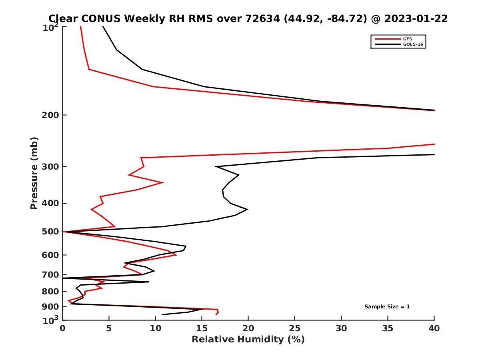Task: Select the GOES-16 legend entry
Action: tap(412, 44)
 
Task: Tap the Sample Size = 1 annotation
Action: tap(387, 307)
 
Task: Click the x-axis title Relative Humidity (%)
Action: tap(248, 340)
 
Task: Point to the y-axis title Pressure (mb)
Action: tap(34, 173)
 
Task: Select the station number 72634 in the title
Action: tap(260, 18)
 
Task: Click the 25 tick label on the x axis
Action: tap(295, 328)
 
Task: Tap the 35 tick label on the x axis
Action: tap(388, 328)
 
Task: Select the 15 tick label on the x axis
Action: tap(202, 328)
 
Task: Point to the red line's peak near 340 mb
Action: tap(162, 182)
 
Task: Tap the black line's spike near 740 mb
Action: tap(149, 282)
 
